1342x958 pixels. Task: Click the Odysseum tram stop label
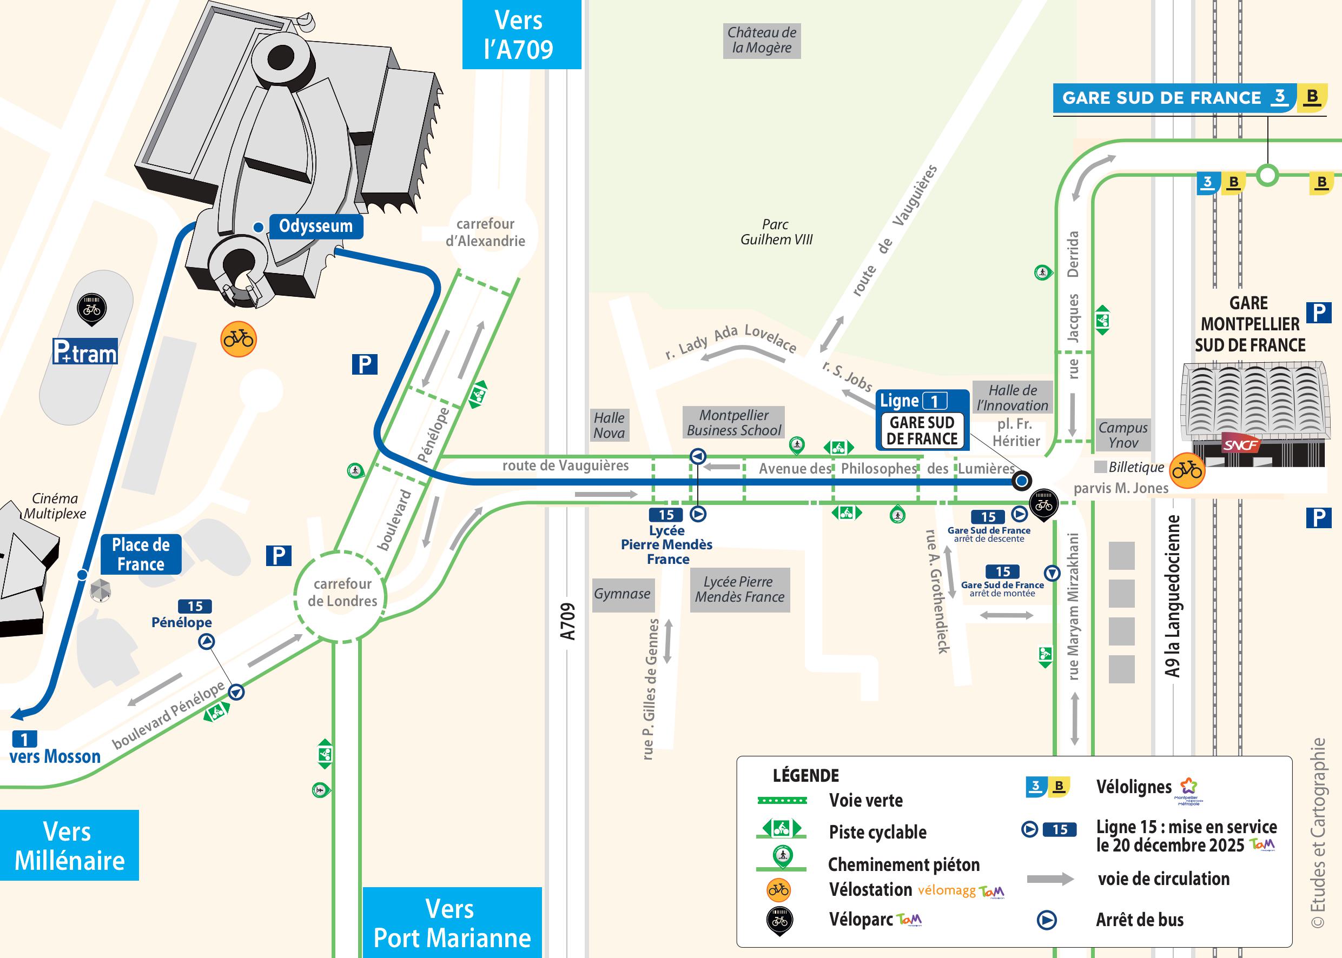(316, 226)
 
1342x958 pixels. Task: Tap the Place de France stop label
(141, 555)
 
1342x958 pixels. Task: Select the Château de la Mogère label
(762, 40)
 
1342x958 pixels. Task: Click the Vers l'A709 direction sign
(519, 35)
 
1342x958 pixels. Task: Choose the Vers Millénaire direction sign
(69, 846)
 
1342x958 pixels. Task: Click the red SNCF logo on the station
(1240, 445)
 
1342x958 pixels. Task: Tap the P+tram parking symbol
(85, 351)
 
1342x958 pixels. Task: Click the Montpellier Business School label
(733, 423)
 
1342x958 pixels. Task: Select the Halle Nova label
(609, 425)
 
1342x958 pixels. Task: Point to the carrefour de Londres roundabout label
(342, 592)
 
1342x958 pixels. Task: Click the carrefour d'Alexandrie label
(485, 232)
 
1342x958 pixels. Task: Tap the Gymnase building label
(622, 594)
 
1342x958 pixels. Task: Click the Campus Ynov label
(1123, 435)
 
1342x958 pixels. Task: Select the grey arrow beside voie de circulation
(1050, 879)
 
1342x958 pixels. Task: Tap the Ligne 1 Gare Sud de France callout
(922, 420)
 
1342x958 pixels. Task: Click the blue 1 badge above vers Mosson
(24, 739)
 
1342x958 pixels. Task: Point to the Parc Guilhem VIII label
(776, 232)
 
